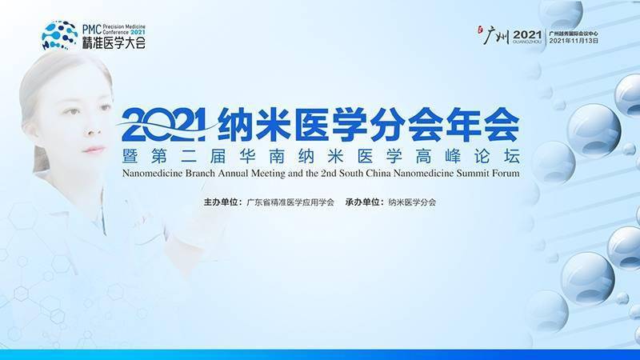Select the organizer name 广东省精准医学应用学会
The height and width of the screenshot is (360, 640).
288,202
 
